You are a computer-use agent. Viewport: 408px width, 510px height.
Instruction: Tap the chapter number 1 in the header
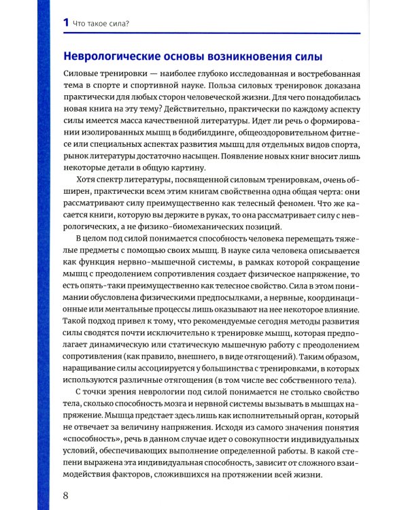point(65,23)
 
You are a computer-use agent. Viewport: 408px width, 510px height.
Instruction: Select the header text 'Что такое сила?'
point(101,24)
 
